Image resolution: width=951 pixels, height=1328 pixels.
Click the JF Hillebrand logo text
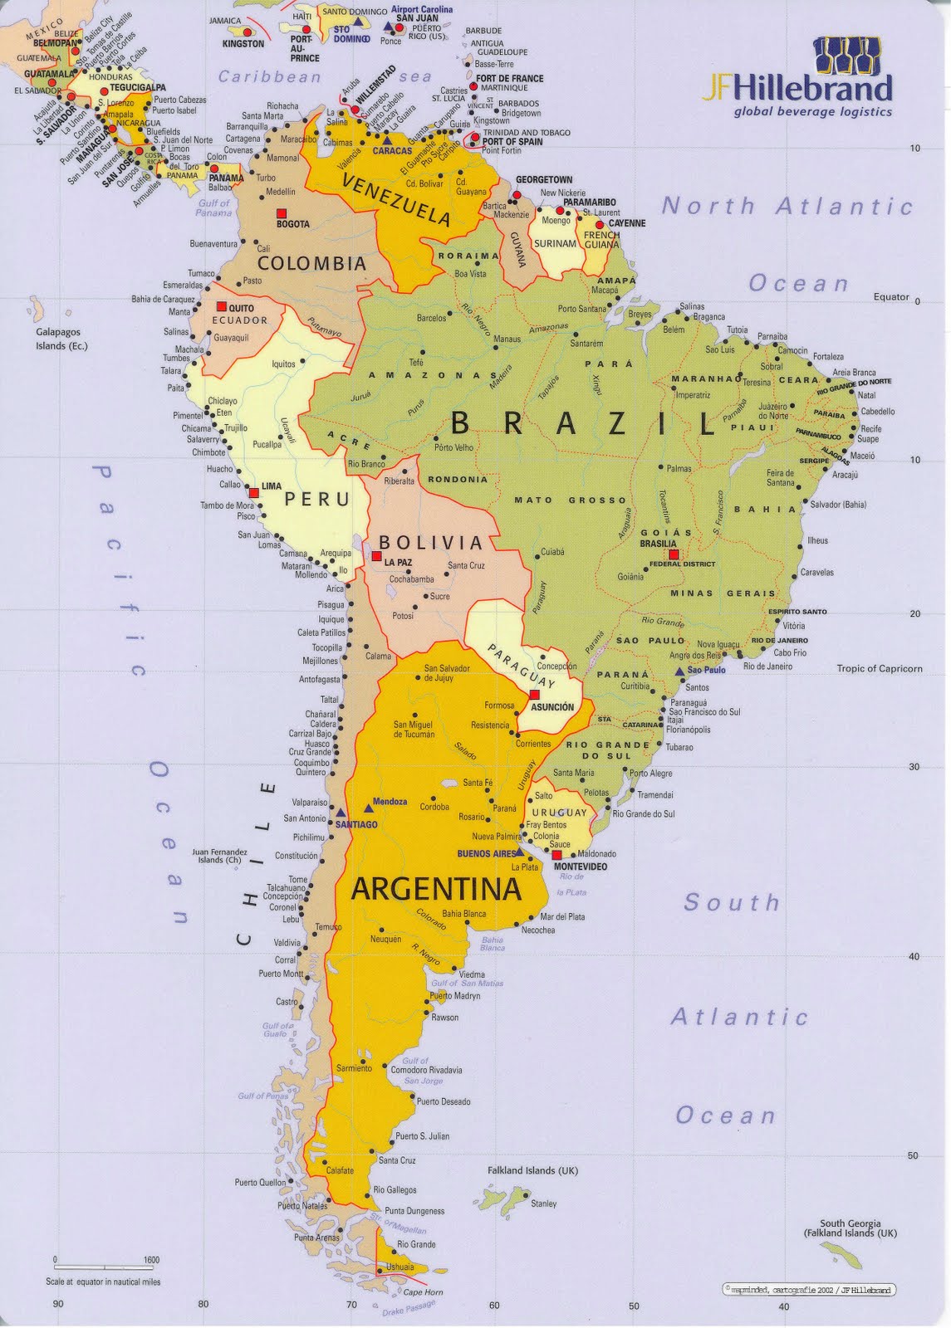tap(797, 87)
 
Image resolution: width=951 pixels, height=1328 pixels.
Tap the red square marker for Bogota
tap(282, 212)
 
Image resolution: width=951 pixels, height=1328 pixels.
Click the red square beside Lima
tap(253, 493)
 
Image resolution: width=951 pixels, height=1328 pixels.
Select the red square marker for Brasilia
tap(674, 554)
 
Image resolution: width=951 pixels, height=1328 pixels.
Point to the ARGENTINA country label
tap(436, 890)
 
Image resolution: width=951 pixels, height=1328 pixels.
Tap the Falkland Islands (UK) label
tap(532, 1170)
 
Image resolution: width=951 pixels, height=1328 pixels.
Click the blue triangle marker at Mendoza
tap(368, 808)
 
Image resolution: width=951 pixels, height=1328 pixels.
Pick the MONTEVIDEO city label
tap(580, 867)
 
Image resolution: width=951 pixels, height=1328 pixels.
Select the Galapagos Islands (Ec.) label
tap(61, 339)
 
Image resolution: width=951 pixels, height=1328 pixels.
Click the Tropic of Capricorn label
tap(879, 668)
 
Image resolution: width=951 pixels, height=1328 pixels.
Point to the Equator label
tap(891, 297)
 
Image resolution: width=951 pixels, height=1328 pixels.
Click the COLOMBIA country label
tap(311, 264)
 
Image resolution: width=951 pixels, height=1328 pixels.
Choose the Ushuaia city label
tap(400, 1267)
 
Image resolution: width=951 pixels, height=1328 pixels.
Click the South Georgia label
tap(850, 1223)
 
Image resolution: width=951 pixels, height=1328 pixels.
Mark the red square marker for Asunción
tap(535, 694)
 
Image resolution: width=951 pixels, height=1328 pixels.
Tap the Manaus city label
tap(507, 339)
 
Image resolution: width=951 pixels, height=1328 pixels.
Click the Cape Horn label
tap(423, 1292)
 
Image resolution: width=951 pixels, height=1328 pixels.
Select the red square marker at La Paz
tap(376, 555)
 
